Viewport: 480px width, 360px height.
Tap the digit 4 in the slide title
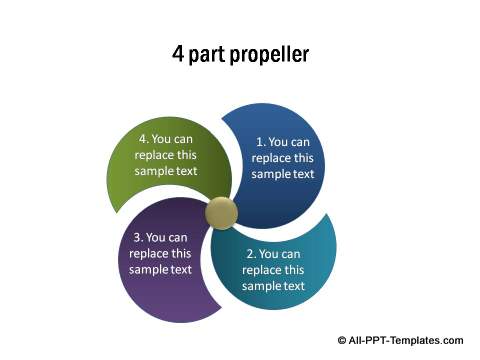pyautogui.click(x=179, y=53)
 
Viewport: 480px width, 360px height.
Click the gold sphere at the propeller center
pyautogui.click(x=222, y=212)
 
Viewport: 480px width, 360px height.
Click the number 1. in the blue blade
pyautogui.click(x=262, y=142)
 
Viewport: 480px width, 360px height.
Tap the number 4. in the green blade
pyautogui.click(x=146, y=139)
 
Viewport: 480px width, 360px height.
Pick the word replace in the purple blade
pyautogui.click(x=150, y=254)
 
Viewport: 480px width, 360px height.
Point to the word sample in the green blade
pyautogui.click(x=156, y=171)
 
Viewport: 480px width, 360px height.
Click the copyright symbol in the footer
pyautogui.click(x=343, y=341)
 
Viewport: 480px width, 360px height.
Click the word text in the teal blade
pyautogui.click(x=294, y=286)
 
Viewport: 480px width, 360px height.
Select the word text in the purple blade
pyautogui.click(x=181, y=270)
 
